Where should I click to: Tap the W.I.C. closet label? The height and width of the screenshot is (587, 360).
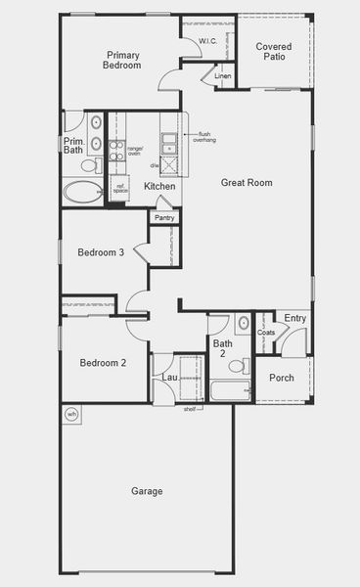208,40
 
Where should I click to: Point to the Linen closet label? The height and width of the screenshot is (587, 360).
223,76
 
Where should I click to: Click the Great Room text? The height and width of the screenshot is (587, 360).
246,183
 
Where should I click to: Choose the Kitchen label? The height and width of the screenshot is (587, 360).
159,186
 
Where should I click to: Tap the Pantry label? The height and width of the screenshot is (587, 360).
163,217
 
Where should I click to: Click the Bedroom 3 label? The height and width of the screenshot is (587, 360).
101,252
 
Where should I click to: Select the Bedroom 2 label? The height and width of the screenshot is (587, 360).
103,363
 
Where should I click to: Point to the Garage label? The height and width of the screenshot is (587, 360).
147,491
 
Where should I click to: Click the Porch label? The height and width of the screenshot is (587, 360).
282,378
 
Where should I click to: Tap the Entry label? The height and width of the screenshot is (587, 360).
294,318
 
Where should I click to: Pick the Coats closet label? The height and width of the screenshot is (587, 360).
266,333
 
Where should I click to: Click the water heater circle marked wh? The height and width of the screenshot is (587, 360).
70,415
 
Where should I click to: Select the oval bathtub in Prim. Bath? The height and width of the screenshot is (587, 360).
82,192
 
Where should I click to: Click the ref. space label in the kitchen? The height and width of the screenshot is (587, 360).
121,188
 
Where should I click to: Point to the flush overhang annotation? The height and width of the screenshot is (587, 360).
203,137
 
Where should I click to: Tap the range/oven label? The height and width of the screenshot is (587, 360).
134,149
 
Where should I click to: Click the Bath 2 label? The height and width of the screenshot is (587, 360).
223,348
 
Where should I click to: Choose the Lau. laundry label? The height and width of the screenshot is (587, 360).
169,377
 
